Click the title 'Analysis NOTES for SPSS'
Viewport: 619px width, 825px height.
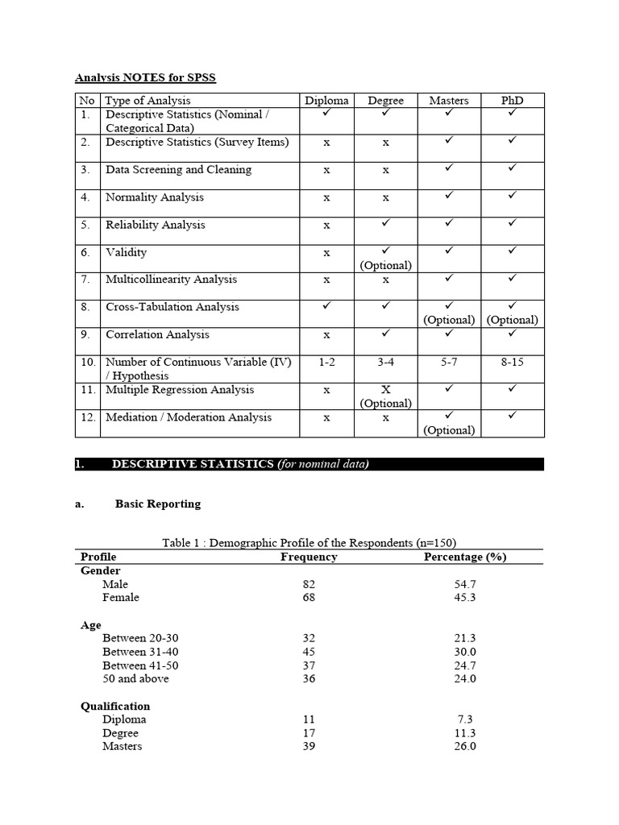145,77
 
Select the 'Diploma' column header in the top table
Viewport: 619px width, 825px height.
326,101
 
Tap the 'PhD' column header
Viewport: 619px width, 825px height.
512,101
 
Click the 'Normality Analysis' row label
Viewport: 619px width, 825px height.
155,197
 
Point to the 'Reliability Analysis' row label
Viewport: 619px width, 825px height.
156,225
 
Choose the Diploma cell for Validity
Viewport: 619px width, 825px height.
326,253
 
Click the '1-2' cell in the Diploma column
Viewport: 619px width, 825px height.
326,363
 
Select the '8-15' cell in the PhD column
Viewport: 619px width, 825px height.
512,363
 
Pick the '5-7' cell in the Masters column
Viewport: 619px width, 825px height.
449,363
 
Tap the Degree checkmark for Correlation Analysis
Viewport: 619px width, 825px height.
385,332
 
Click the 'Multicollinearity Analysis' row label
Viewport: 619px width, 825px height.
171,280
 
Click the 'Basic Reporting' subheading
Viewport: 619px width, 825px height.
158,504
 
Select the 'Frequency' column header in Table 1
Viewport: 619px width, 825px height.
309,557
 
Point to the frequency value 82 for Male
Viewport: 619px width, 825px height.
309,584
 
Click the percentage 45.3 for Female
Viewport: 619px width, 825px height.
465,598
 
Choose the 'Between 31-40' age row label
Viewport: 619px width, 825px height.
141,652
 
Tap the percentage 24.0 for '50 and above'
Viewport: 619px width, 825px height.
465,678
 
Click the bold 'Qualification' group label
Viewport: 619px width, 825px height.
115,706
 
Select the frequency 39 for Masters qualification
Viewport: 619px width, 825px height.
309,746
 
